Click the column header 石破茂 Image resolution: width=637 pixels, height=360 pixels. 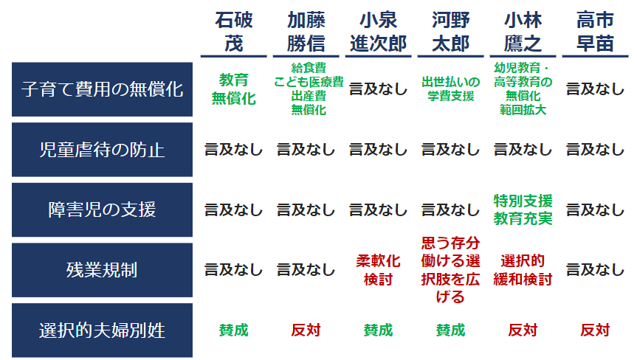click(233, 32)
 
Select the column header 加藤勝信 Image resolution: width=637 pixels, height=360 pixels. click(306, 32)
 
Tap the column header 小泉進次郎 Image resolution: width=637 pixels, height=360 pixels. click(378, 32)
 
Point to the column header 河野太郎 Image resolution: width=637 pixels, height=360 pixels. click(450, 32)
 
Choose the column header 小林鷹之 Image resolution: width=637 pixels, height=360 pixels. click(523, 32)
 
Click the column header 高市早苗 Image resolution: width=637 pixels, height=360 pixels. click(595, 32)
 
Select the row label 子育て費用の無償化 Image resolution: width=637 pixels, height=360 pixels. click(102, 89)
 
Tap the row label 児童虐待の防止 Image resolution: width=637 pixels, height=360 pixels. click(102, 150)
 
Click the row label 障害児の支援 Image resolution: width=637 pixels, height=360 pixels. click(102, 210)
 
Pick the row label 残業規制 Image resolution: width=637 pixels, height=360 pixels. click(102, 270)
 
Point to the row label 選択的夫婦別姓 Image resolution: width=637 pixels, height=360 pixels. click(102, 330)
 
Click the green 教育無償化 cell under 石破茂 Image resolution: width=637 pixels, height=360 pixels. click(233, 89)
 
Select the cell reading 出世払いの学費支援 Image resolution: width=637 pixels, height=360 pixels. click(450, 89)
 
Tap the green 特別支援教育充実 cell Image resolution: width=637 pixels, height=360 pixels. click(523, 210)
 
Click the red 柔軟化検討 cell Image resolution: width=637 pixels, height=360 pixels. click(378, 270)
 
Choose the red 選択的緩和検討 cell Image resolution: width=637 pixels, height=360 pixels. click(523, 270)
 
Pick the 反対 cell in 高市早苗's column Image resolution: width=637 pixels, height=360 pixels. click(595, 330)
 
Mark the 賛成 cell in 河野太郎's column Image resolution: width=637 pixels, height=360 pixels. click(450, 330)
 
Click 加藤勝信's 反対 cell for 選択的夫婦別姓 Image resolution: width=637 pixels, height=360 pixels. click(306, 330)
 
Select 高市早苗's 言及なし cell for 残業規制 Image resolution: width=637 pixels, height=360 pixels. click(595, 270)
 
